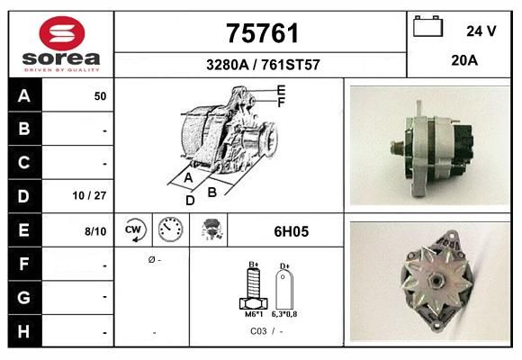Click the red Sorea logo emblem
62,33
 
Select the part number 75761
262,33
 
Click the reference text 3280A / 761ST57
263,65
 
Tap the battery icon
427,26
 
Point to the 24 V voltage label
481,31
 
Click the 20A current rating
464,60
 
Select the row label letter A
24,96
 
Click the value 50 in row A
100,96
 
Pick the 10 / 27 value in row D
89,195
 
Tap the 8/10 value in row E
95,231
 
